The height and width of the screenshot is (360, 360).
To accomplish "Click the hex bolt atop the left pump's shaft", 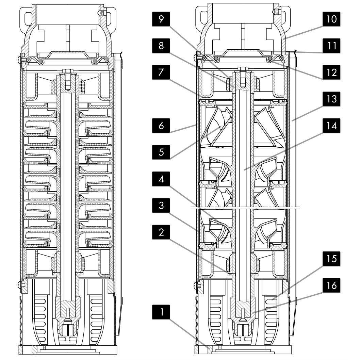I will click(67, 72).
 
